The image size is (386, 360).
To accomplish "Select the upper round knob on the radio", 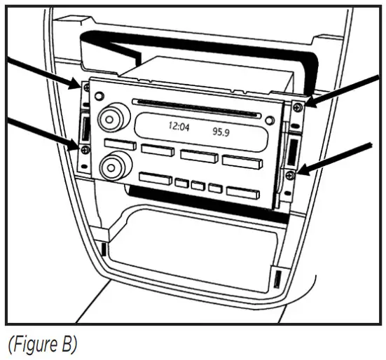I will [109, 116].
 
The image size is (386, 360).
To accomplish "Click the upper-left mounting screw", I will [84, 88].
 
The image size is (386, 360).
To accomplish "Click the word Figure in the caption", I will [35, 345].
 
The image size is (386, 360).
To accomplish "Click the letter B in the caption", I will [67, 345].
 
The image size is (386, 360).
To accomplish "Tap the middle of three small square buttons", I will [198, 186].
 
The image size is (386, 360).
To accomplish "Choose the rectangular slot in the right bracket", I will [294, 148].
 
